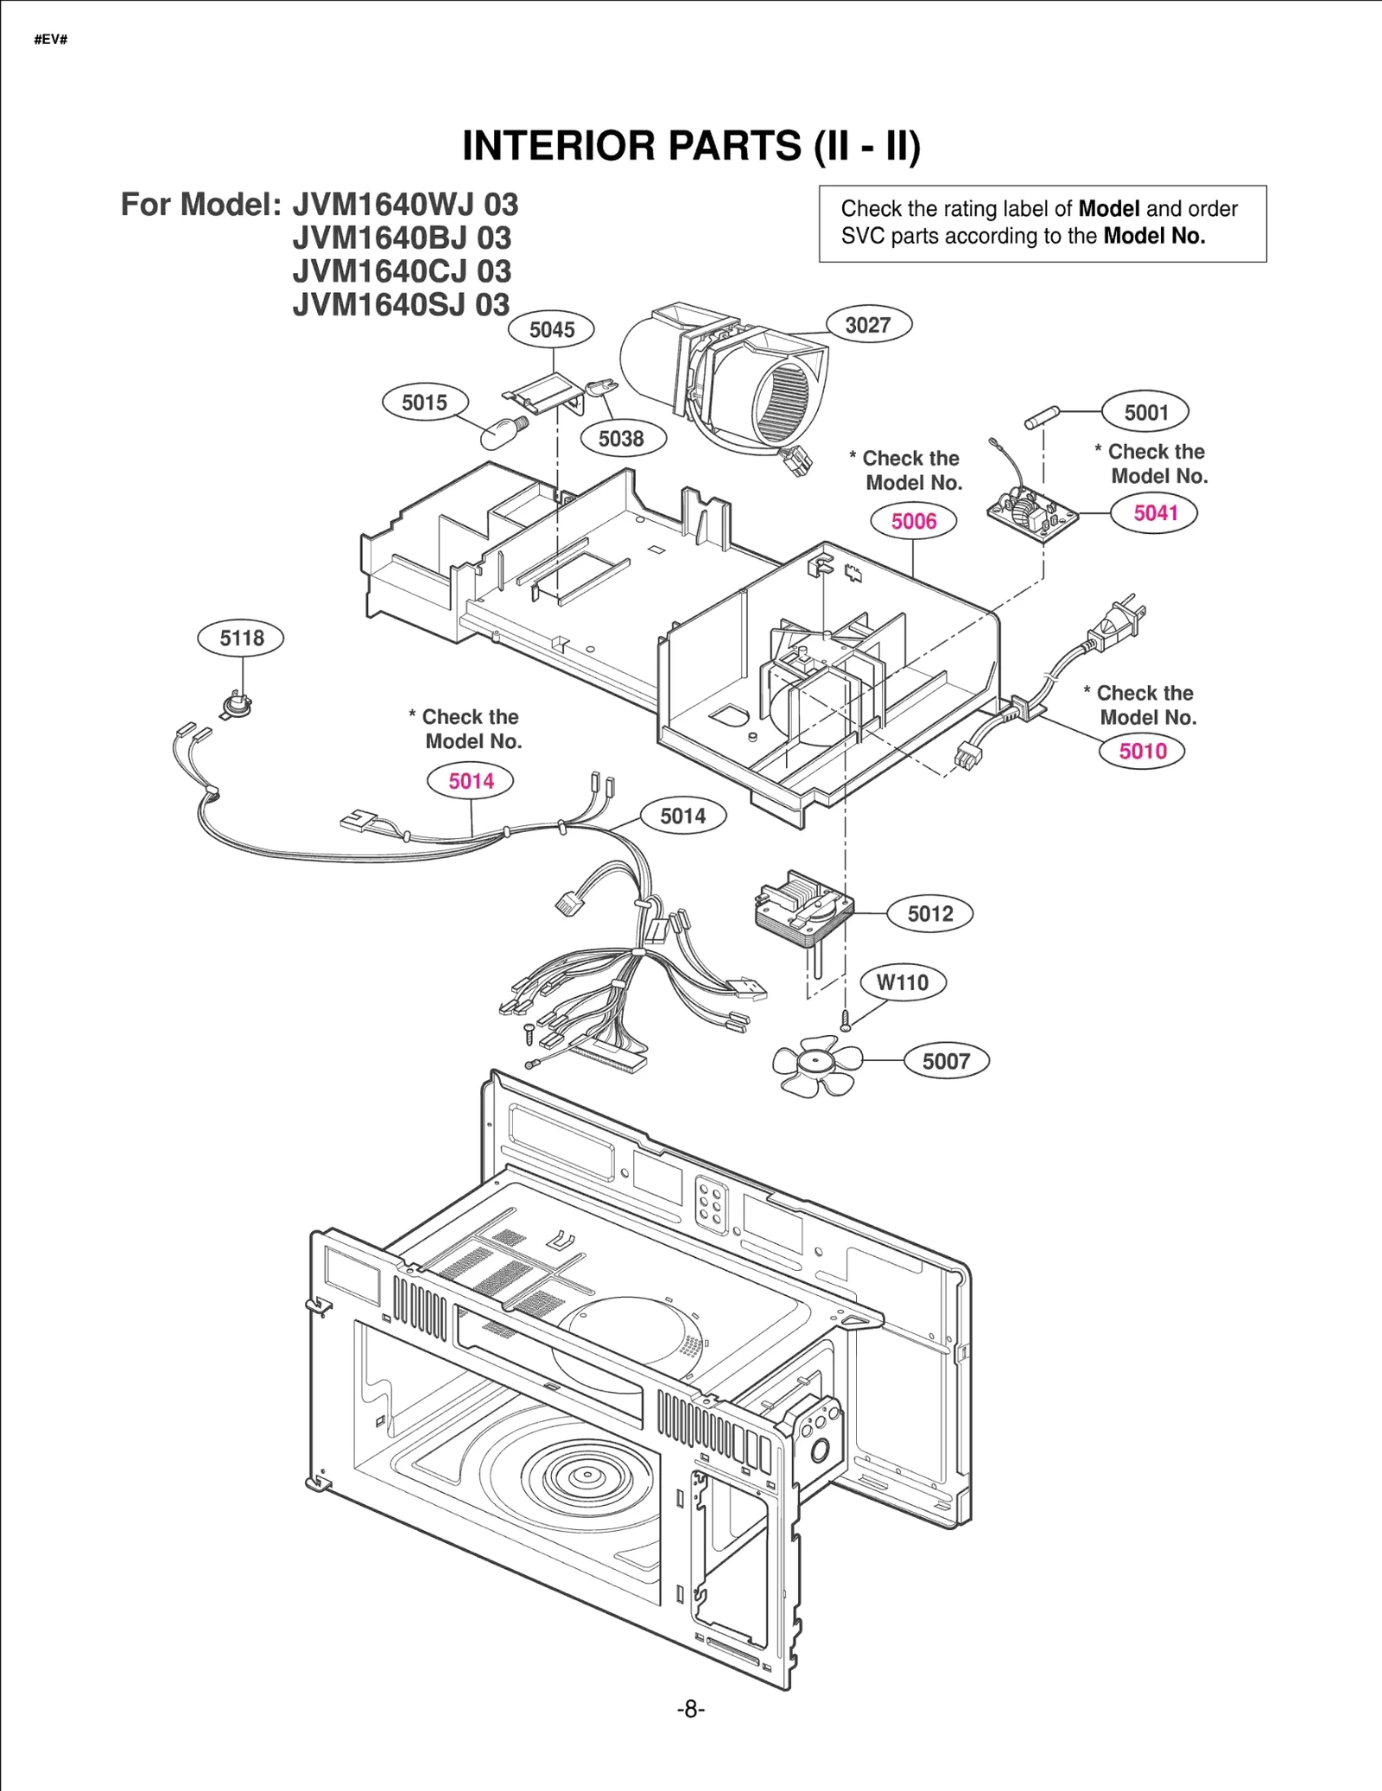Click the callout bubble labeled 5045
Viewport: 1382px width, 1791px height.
pos(552,329)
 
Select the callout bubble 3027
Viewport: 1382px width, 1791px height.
pos(868,325)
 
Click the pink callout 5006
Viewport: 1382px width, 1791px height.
pos(914,521)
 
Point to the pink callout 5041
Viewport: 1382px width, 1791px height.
pos(1155,513)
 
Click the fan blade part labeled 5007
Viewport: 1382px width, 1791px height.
pos(816,1066)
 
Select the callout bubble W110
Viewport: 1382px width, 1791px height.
pos(903,982)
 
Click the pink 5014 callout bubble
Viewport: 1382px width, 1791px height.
pos(471,781)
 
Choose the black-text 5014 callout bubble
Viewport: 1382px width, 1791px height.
pos(682,816)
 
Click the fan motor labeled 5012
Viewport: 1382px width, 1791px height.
pos(803,912)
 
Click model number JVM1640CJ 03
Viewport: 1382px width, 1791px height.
pos(402,271)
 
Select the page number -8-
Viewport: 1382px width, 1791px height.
pos(690,1709)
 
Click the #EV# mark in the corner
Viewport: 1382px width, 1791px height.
pos(50,40)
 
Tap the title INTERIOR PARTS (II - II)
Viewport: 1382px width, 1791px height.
pos(691,145)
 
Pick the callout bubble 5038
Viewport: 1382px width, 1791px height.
pos(621,438)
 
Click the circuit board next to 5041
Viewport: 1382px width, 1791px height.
pos(1033,515)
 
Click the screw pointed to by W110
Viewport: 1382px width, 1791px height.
pos(846,1021)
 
